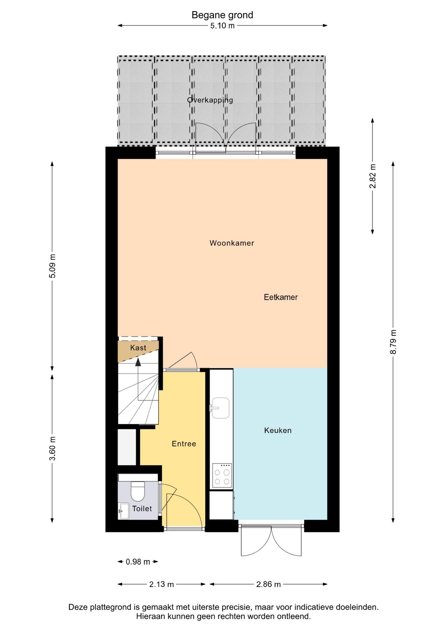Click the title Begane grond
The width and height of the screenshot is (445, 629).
pyautogui.click(x=222, y=15)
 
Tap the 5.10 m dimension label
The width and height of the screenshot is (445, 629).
pyautogui.click(x=222, y=26)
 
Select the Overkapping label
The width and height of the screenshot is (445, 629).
pyautogui.click(x=210, y=100)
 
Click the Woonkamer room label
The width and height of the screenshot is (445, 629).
pyautogui.click(x=232, y=243)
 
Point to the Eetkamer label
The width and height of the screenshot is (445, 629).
pyautogui.click(x=281, y=297)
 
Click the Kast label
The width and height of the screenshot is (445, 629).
pyautogui.click(x=138, y=348)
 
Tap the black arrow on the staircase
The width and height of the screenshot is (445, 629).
pyautogui.click(x=138, y=362)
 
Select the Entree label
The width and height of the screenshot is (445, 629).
pyautogui.click(x=184, y=444)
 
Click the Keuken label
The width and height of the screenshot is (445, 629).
pyautogui.click(x=278, y=430)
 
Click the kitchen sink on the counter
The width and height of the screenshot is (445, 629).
pyautogui.click(x=220, y=408)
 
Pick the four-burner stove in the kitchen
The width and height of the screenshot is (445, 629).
pyautogui.click(x=222, y=475)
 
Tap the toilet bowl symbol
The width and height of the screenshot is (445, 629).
pyautogui.click(x=138, y=491)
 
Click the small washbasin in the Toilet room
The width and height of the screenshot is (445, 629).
pyautogui.click(x=124, y=511)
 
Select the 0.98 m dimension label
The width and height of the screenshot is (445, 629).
pyautogui.click(x=138, y=562)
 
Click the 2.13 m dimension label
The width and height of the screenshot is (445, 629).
pyautogui.click(x=161, y=584)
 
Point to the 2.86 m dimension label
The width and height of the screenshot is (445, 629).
pyautogui.click(x=268, y=584)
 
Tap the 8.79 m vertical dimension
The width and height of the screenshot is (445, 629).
pyautogui.click(x=393, y=342)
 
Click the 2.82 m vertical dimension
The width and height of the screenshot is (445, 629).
pyautogui.click(x=373, y=176)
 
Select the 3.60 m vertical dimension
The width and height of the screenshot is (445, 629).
pyautogui.click(x=52, y=448)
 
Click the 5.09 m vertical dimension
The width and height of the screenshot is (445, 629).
pyautogui.click(x=52, y=266)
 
